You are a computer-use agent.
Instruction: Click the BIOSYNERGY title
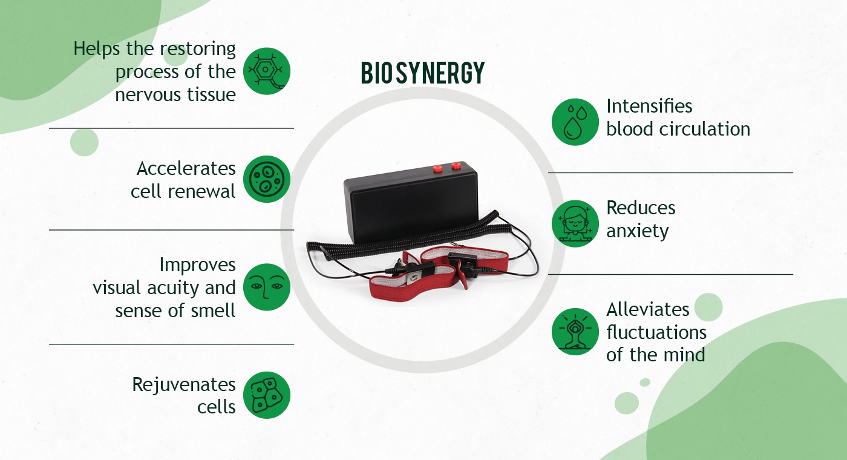[x=422, y=73]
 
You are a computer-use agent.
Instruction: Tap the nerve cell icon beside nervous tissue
[x=267, y=71]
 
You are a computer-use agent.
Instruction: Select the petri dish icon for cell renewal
[x=267, y=179]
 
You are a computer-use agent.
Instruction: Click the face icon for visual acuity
[x=267, y=287]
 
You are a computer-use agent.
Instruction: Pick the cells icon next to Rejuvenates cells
[x=267, y=395]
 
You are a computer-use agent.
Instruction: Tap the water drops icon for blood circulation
[x=575, y=122]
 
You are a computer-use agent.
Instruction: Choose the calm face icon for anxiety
[x=575, y=223]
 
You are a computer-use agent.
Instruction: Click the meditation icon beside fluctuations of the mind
[x=575, y=332]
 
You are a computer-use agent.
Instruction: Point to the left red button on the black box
[x=438, y=168]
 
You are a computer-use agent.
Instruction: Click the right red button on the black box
[x=456, y=166]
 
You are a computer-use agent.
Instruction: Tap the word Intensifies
[x=649, y=106]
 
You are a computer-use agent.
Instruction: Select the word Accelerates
[x=186, y=168]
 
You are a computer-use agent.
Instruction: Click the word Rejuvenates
[x=184, y=385]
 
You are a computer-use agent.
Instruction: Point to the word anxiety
[x=638, y=231]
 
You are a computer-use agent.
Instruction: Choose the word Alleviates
[x=648, y=309]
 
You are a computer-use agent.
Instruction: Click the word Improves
[x=197, y=265]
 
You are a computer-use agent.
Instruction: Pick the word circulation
[x=705, y=129]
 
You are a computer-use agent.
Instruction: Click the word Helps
[x=96, y=49]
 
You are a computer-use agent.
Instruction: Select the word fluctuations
[x=656, y=332]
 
